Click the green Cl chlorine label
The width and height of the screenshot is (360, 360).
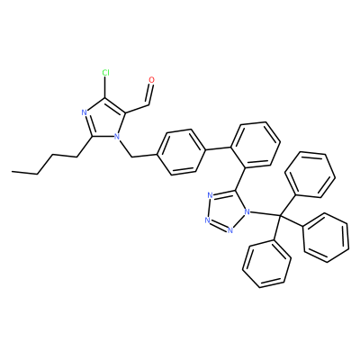(x=105, y=73)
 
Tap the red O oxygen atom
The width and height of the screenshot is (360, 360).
(x=151, y=80)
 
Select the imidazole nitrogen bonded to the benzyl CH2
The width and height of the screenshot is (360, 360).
(x=117, y=138)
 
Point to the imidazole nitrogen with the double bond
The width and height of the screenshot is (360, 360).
(x=85, y=112)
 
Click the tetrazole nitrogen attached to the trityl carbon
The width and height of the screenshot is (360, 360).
(x=247, y=212)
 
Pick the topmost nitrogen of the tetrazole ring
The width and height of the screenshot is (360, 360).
(x=210, y=196)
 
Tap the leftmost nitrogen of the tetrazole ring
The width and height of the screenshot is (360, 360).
(x=207, y=220)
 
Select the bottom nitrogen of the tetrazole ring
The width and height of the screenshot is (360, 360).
(x=229, y=230)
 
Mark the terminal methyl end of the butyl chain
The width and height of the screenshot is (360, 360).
(x=13, y=172)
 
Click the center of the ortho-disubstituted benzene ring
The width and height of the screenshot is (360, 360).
(x=256, y=144)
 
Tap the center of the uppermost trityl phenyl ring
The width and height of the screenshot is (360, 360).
(x=310, y=175)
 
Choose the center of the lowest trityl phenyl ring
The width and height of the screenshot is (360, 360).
(x=266, y=264)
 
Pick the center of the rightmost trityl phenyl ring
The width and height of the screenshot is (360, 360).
(x=326, y=238)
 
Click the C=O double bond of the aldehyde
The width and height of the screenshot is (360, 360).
(x=149, y=94)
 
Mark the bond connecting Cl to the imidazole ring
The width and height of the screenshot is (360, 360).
(x=104, y=87)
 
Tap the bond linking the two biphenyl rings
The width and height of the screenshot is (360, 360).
(x=219, y=149)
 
